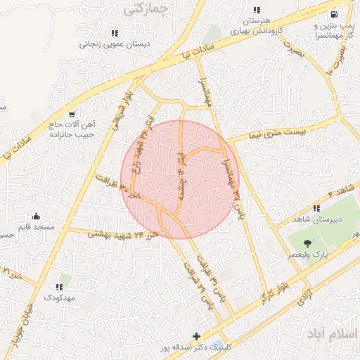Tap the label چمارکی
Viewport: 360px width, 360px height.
click(146, 9)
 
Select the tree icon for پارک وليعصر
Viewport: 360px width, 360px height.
click(307, 243)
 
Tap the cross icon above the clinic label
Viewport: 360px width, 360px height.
click(196, 336)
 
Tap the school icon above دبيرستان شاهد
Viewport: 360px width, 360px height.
click(316, 208)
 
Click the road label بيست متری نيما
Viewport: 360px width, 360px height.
click(278, 129)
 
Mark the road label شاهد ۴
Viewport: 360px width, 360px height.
click(342, 191)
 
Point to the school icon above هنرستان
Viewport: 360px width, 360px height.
click(257, 11)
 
